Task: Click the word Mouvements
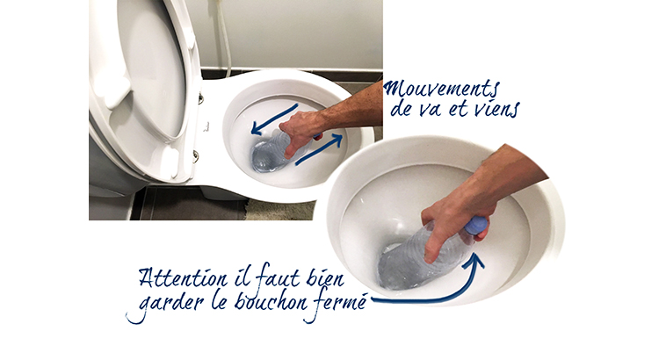tap(441, 90)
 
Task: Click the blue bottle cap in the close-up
tap(476, 226)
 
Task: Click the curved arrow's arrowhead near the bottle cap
tap(477, 259)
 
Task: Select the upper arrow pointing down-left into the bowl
tap(274, 119)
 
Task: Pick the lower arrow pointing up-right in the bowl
tap(319, 149)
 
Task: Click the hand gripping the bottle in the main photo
tap(300, 131)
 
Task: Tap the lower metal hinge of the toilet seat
tap(196, 155)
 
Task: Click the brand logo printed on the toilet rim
tap(206, 126)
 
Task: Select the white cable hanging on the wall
tap(224, 39)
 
